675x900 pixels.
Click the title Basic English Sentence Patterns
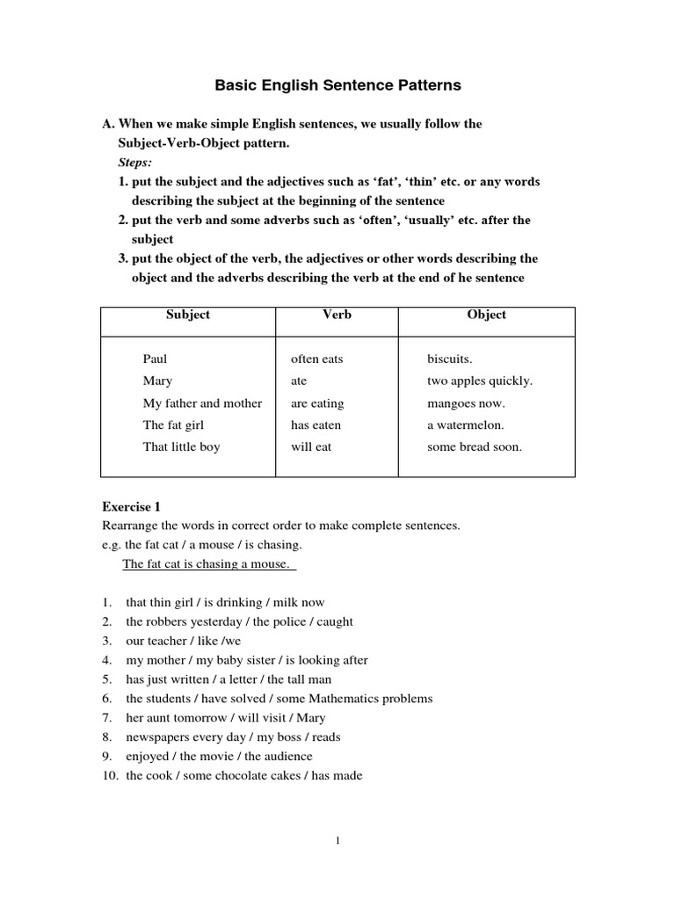tap(337, 86)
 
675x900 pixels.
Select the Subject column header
tap(188, 315)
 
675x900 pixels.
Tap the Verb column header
tap(337, 315)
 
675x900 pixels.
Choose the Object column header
tap(487, 315)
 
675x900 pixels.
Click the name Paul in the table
tap(155, 359)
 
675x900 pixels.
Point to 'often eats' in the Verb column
tap(316, 359)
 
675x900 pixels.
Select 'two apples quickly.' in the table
tap(479, 381)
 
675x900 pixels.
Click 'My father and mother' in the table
tap(202, 403)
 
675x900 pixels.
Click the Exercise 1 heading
tap(132, 507)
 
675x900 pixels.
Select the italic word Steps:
tap(135, 163)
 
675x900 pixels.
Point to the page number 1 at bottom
tap(337, 840)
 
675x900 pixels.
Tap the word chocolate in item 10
tap(241, 775)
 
